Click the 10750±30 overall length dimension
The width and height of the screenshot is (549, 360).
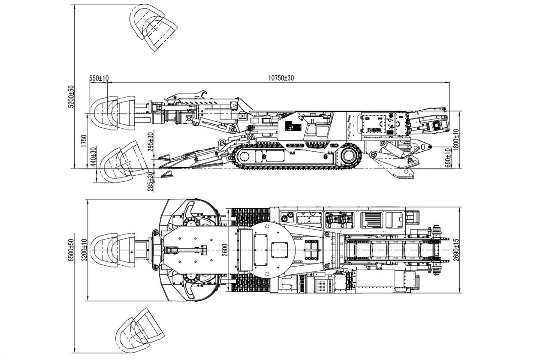pyautogui.click(x=281, y=78)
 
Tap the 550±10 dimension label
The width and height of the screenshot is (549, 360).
pyautogui.click(x=99, y=78)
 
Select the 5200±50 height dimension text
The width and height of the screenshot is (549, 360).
pyautogui.click(x=72, y=97)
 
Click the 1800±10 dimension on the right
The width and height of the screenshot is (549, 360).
pyautogui.click(x=456, y=138)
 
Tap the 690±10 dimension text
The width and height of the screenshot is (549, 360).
pyautogui.click(x=448, y=158)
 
